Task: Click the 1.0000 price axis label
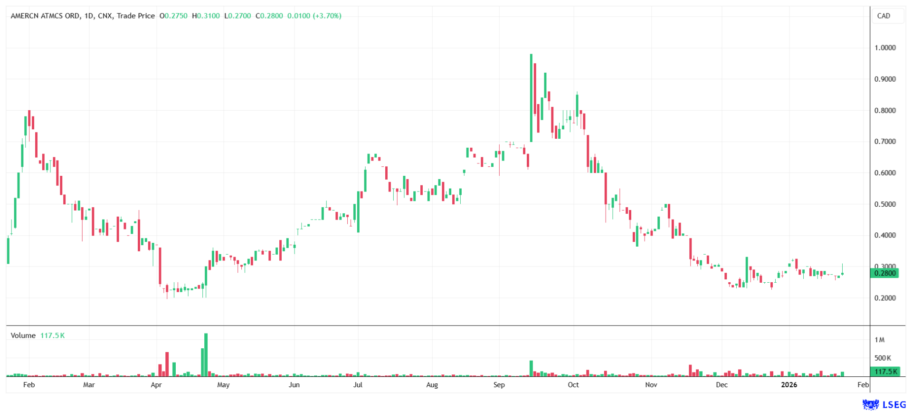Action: click(885, 48)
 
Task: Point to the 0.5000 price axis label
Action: click(885, 204)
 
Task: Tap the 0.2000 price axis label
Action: click(885, 298)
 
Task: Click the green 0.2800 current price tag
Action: click(884, 273)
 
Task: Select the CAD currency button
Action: click(883, 16)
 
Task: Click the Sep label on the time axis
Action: click(499, 385)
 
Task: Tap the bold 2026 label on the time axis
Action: click(789, 385)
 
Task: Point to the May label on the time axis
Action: click(223, 385)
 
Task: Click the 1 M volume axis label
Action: click(880, 340)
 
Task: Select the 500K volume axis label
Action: click(883, 358)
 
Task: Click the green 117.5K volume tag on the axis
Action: click(885, 372)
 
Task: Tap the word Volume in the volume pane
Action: click(23, 335)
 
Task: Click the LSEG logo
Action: click(884, 404)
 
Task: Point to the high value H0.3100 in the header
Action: click(206, 16)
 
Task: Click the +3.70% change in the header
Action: click(327, 16)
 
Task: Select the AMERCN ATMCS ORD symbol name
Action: click(45, 16)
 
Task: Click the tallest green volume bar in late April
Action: click(206, 355)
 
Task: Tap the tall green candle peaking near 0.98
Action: click(531, 98)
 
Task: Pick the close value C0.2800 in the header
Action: click(269, 16)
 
